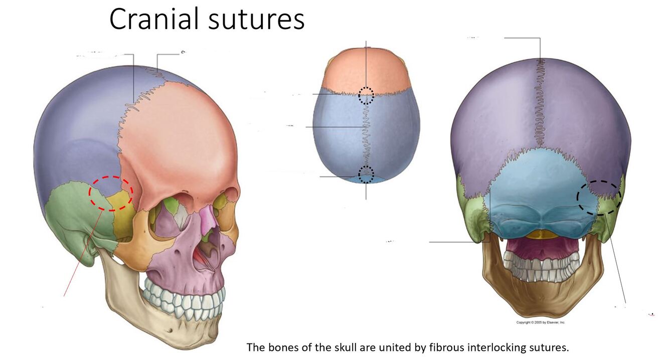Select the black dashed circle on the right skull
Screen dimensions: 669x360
[599, 197]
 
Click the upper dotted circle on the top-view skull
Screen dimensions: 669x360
[366, 95]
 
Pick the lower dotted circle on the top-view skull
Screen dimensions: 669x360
[366, 174]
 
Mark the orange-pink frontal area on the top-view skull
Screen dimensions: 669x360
[366, 70]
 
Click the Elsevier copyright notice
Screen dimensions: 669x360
[541, 322]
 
